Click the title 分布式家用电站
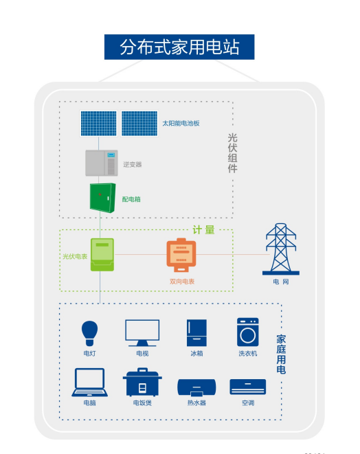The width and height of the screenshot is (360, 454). point(179,47)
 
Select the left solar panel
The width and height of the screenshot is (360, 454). point(99,124)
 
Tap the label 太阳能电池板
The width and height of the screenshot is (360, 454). point(181,124)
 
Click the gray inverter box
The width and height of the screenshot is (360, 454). point(102,163)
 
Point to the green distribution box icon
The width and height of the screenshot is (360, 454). point(103,198)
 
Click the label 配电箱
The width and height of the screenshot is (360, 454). point(131,199)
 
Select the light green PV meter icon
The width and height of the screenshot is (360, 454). point(102,255)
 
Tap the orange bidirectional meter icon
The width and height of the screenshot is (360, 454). point(181,255)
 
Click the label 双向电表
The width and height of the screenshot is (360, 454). point(182,282)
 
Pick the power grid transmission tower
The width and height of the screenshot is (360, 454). point(280,249)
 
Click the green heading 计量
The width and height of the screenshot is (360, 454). point(204,230)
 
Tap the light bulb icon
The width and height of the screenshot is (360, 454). point(89,333)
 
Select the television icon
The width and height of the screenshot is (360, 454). point(142,333)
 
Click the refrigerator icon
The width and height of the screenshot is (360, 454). point(196,333)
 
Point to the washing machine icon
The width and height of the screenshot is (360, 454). point(247,332)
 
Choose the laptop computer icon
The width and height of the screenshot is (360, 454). point(90,382)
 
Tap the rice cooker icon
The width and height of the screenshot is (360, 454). point(142,382)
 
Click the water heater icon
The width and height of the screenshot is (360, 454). point(196,387)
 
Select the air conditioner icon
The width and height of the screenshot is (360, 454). point(247,387)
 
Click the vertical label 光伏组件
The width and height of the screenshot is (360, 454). point(233,153)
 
